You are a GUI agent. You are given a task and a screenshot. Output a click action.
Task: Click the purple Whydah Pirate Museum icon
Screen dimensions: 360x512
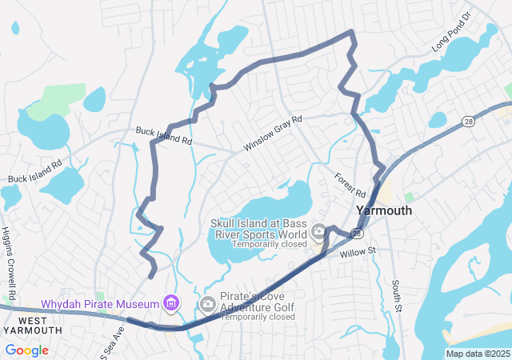(x=170, y=302)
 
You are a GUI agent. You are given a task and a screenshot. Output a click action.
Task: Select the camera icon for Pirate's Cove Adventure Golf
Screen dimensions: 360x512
(x=208, y=303)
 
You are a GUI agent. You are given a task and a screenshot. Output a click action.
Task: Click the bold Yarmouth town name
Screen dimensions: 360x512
(x=384, y=210)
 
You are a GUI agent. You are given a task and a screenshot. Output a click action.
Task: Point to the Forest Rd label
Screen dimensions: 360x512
(x=350, y=186)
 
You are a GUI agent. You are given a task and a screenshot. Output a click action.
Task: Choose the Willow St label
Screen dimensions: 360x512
(x=357, y=252)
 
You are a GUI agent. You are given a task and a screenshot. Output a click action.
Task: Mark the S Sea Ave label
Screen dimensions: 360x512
(x=110, y=340)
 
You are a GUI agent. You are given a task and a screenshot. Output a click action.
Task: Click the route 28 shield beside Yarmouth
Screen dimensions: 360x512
(x=357, y=233)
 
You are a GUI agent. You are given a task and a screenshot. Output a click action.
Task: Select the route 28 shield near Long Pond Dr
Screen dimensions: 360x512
(x=467, y=120)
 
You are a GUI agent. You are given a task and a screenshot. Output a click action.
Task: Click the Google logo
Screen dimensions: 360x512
(x=26, y=350)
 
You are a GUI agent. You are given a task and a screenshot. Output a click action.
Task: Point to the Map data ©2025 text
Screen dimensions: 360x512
(x=477, y=354)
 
